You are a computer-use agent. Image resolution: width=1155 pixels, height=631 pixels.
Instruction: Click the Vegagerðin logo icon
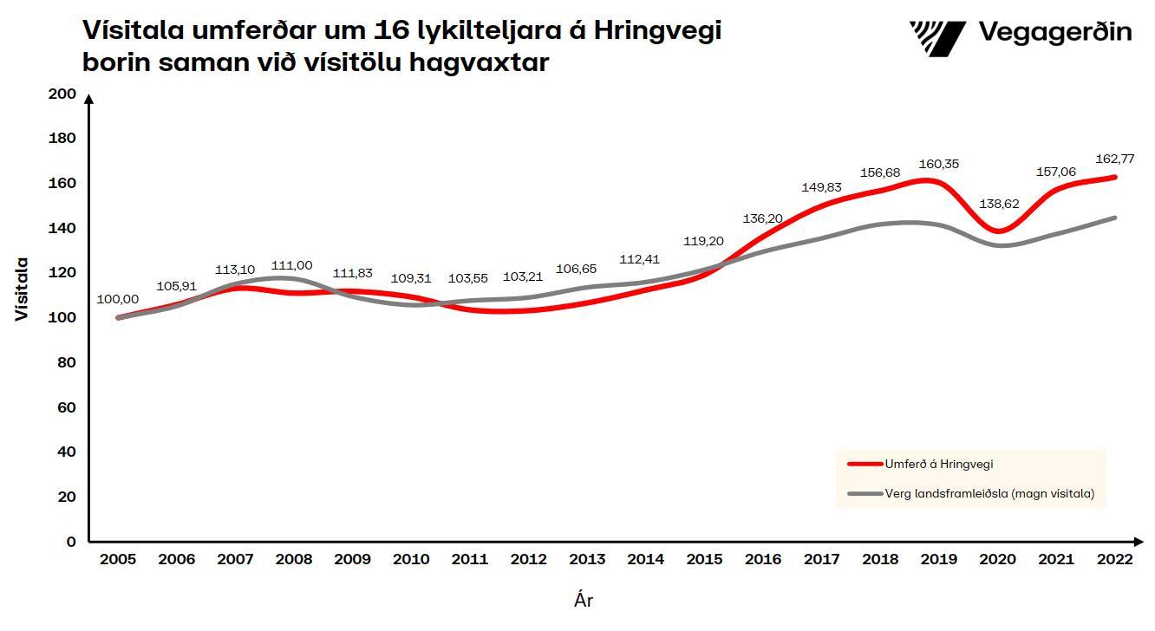pos(937,37)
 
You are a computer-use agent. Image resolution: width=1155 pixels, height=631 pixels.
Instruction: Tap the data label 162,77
pos(1114,159)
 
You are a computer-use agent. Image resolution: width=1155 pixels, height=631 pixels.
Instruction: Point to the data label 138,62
pos(998,205)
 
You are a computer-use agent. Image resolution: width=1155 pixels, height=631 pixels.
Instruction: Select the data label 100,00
pos(117,299)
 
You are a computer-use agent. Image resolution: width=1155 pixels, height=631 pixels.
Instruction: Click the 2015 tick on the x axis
pos(704,559)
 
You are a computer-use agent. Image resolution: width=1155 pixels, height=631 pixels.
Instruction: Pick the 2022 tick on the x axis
pos(1114,559)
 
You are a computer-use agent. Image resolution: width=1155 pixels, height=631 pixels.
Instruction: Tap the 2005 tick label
pos(117,559)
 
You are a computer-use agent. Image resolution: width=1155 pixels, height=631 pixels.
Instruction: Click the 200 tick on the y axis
pos(63,94)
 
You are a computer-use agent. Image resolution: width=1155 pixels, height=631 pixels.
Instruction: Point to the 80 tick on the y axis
pos(67,362)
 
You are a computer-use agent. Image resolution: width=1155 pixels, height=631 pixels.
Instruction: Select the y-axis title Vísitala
pos(22,289)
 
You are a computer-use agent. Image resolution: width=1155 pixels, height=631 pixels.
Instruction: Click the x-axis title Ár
pos(584,600)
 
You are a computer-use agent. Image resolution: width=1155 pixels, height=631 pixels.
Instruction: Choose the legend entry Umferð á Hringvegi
pos(938,464)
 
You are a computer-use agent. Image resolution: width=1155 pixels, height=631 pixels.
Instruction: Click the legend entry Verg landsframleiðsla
pos(989,493)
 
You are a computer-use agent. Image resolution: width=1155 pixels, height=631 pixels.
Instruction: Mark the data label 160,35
pos(939,164)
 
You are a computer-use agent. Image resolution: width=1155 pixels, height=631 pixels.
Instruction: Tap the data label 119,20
pos(704,241)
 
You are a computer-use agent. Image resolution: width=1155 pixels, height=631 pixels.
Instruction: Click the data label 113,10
pos(235,270)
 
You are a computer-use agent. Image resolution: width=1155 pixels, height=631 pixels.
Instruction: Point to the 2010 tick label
pos(411,559)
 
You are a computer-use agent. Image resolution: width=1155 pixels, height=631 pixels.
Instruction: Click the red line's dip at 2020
pos(1000,231)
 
